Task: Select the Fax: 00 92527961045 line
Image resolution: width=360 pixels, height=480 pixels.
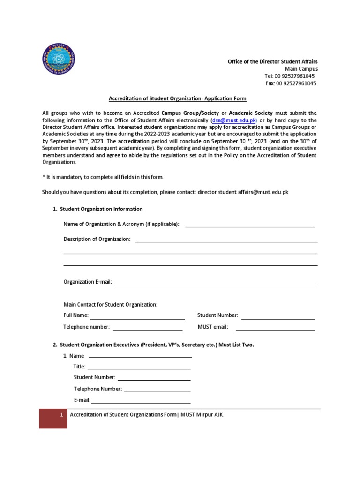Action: pos(291,83)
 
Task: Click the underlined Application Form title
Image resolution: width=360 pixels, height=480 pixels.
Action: pos(177,98)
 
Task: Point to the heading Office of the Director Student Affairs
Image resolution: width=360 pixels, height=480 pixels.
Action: pos(272,61)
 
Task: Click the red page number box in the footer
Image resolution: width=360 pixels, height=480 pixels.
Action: pos(53,419)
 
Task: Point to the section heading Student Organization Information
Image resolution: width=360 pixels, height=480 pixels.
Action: pos(101,209)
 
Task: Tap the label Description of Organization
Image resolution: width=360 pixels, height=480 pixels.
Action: pos(97,240)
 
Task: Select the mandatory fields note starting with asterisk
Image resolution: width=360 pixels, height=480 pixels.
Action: pos(103,177)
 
